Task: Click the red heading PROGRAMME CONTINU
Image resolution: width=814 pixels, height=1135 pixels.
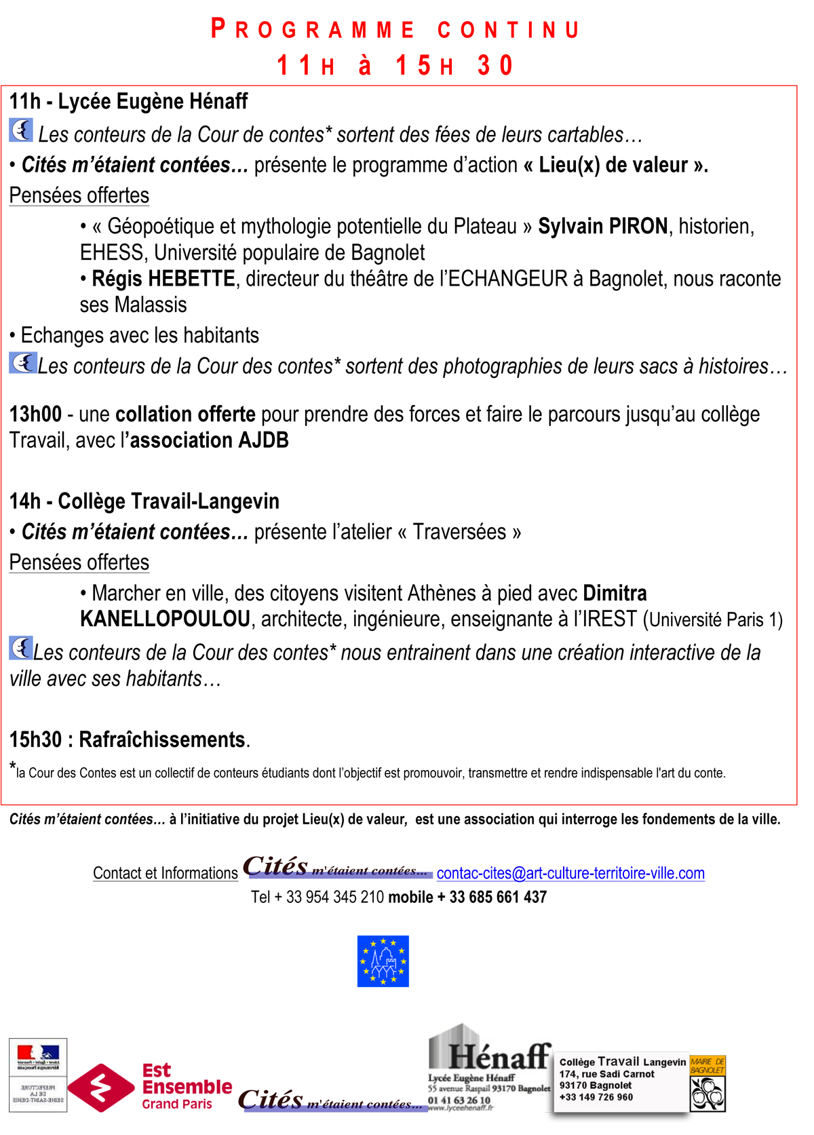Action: tap(395, 30)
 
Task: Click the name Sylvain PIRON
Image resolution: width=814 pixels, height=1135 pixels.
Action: tap(602, 226)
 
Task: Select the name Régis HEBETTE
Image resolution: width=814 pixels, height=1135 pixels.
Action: tap(163, 279)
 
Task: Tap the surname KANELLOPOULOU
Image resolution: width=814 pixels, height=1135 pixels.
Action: tap(165, 619)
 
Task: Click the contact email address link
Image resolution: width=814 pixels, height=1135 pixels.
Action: tap(570, 873)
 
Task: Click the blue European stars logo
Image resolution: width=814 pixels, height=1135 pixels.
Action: tap(383, 961)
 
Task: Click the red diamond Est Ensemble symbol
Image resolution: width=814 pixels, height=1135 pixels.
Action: tap(100, 1088)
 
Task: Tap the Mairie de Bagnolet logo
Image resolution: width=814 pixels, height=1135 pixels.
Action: tap(708, 1083)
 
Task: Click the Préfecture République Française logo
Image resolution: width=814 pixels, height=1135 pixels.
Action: tap(38, 1075)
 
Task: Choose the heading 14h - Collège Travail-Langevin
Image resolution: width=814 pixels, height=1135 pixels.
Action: tap(144, 501)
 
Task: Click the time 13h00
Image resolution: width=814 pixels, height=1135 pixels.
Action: tap(35, 414)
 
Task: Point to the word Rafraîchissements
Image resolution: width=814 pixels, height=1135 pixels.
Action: tap(162, 739)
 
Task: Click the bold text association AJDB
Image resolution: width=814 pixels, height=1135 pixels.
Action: tap(210, 440)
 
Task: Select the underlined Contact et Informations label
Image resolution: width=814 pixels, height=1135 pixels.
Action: tap(166, 873)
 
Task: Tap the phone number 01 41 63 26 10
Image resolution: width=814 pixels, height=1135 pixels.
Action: tap(459, 1100)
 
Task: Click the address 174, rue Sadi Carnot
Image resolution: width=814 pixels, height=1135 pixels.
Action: tap(606, 1074)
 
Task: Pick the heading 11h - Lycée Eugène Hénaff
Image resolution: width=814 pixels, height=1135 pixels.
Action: tap(128, 102)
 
